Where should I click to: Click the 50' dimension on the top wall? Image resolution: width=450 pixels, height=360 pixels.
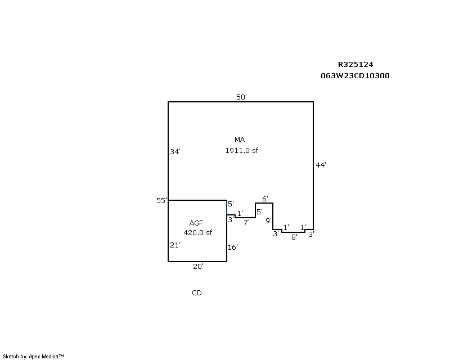[x=241, y=97]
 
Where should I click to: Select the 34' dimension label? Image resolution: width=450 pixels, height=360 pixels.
[x=175, y=151]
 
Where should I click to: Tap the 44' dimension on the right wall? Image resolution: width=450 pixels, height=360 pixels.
[x=321, y=165]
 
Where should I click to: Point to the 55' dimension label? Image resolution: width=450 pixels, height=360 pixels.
[x=161, y=200]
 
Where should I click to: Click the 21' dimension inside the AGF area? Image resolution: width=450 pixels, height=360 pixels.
[x=175, y=245]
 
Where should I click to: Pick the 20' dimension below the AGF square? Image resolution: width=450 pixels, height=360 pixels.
[x=198, y=267]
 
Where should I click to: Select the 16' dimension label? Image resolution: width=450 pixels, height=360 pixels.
[x=233, y=247]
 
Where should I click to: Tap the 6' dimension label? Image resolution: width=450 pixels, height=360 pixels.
[x=264, y=199]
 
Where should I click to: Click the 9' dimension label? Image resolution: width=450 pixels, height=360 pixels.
[x=269, y=220]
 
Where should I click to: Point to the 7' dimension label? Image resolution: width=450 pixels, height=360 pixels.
[x=246, y=222]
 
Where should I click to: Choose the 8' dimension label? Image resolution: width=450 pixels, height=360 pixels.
[x=294, y=237]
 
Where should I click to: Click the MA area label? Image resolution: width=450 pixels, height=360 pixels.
[x=240, y=139]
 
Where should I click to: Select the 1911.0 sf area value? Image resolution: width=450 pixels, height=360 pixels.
[x=242, y=150]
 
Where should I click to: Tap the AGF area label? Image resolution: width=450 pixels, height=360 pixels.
[x=196, y=223]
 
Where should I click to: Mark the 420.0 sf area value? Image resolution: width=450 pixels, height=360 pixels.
[x=198, y=232]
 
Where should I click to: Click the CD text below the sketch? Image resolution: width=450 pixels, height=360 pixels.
[x=197, y=292]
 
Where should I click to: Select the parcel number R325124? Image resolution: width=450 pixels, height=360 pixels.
[x=355, y=65]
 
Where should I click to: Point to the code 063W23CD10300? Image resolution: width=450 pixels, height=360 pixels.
[x=354, y=75]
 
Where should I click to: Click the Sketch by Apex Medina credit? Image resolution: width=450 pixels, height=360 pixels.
[x=34, y=356]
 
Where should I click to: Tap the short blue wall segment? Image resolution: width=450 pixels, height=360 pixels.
[x=227, y=207]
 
